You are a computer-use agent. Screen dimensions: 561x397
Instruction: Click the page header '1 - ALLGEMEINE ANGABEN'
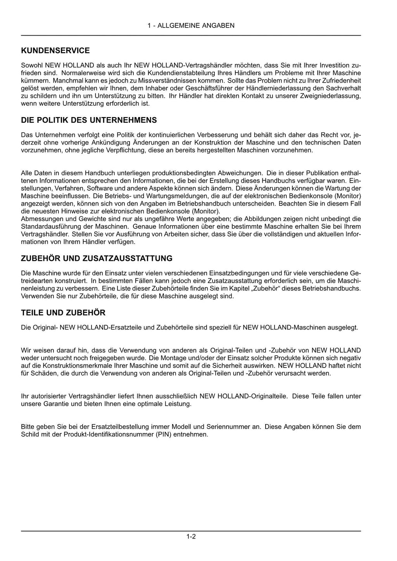(191, 26)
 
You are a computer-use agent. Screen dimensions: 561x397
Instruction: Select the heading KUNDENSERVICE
(55, 50)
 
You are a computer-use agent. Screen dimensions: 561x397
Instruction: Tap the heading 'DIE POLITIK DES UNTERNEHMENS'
(89, 120)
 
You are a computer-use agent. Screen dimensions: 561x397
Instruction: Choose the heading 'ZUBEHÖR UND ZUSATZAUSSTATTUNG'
(97, 258)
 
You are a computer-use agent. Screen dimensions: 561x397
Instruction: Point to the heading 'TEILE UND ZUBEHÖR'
(63, 312)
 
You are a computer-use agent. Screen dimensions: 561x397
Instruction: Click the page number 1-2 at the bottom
(191, 537)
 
